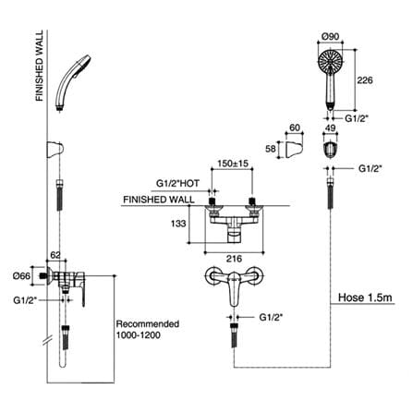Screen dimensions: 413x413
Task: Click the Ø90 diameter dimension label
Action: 330,36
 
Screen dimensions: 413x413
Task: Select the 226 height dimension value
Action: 365,80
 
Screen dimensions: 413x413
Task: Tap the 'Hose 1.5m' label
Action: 365,298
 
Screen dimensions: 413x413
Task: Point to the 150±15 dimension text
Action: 233,164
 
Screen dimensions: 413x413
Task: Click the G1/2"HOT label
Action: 177,183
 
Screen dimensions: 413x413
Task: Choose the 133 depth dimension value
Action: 178,224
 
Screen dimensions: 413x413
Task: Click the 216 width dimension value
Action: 234,259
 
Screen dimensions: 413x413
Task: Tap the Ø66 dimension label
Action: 21,276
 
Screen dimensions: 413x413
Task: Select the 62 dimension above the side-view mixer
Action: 55,255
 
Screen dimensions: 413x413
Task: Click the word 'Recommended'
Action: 147,324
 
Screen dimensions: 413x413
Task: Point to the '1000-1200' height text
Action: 138,335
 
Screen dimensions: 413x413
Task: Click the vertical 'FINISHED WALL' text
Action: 40,66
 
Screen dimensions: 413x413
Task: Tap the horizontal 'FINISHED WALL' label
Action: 159,200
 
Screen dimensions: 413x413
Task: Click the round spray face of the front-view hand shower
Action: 330,62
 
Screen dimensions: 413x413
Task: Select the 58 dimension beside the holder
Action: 271,149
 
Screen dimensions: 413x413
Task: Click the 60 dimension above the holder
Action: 295,128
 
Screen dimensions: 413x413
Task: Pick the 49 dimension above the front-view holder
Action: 330,128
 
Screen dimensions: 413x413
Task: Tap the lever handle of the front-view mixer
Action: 235,288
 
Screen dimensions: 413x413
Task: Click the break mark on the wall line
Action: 47,341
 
